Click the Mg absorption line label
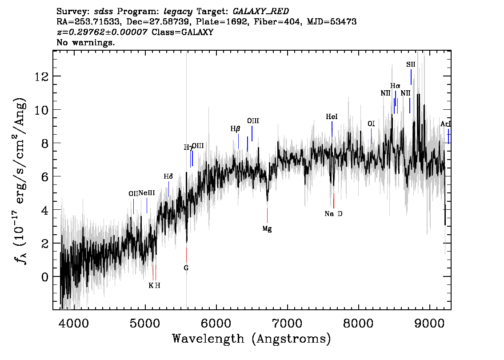pyautogui.click(x=267, y=229)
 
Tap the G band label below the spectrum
pyautogui.click(x=186, y=268)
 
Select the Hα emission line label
pyautogui.click(x=395, y=86)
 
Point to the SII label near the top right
pyautogui.click(x=411, y=64)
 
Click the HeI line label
pyautogui.click(x=332, y=117)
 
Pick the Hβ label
pyautogui.click(x=235, y=129)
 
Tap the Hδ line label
pyautogui.click(x=168, y=176)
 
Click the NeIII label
pyautogui.click(x=147, y=193)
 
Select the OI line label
pyautogui.click(x=371, y=124)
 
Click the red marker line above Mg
pyautogui.click(x=267, y=216)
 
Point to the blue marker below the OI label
pyautogui.click(x=371, y=136)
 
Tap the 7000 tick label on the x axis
pyautogui.click(x=287, y=323)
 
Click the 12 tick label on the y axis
pyautogui.click(x=41, y=76)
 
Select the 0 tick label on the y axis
pyautogui.click(x=45, y=277)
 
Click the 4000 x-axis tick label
pyautogui.click(x=74, y=323)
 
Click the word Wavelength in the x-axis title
pyautogui.click(x=208, y=339)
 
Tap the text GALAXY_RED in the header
pyautogui.click(x=261, y=12)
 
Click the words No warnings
pyautogui.click(x=85, y=42)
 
